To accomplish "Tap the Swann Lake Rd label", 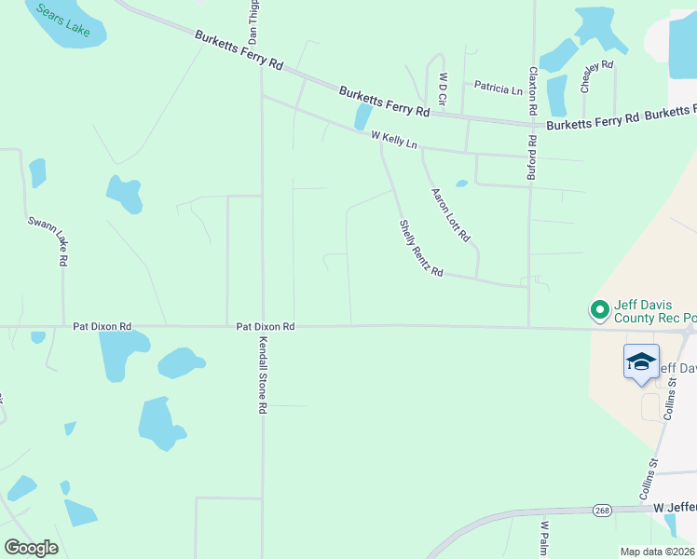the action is coord(47,242).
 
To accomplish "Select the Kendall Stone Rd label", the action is coord(263,375).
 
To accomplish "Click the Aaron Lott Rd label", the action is coord(450,216).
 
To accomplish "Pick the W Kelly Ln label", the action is coord(394,141).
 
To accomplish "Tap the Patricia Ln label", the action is coord(498,89).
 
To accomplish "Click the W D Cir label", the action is coord(444,89).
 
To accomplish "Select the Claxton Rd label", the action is coord(533,90).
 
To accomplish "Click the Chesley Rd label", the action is coord(596,76).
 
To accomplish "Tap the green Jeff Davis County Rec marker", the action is coord(598,308).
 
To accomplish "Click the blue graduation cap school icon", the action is coord(641,361).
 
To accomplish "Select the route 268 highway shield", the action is coord(602,510).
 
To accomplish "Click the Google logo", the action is coord(31,548).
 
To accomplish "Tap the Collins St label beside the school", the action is coord(668,406).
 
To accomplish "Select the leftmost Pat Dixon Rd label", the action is coord(102,327).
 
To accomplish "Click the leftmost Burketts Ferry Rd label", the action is coord(239,50).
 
